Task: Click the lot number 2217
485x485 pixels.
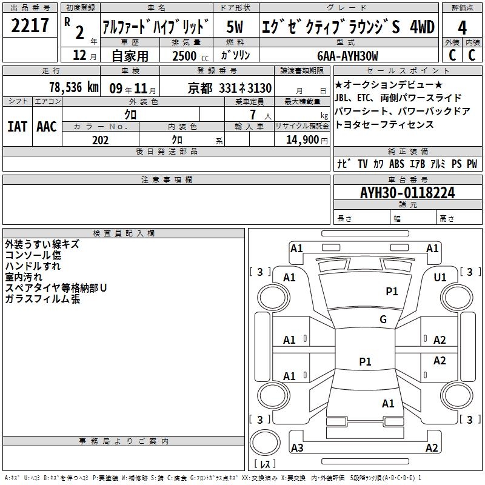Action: pyautogui.click(x=30, y=25)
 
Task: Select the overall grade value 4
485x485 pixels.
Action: pyautogui.click(x=462, y=28)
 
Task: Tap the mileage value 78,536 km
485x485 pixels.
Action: pyautogui.click(x=74, y=87)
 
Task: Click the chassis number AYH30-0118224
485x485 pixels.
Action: pyautogui.click(x=407, y=193)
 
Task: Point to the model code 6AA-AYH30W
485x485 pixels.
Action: pyautogui.click(x=347, y=56)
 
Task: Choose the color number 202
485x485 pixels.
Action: pyautogui.click(x=100, y=140)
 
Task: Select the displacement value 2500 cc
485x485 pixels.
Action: pyautogui.click(x=190, y=56)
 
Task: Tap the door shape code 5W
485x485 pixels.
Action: pyautogui.click(x=235, y=27)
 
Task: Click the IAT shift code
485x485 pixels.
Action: pyautogui.click(x=17, y=127)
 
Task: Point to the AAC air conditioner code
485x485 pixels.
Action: pyautogui.click(x=47, y=127)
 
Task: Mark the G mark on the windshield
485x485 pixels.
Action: pyautogui.click(x=383, y=319)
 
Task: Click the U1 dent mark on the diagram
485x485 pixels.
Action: pyautogui.click(x=440, y=278)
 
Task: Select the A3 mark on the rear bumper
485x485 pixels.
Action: pyautogui.click(x=297, y=447)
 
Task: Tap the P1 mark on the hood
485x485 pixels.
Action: pyautogui.click(x=392, y=291)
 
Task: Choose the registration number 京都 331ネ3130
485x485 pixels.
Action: pyautogui.click(x=230, y=89)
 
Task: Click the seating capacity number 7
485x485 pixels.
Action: pyautogui.click(x=253, y=115)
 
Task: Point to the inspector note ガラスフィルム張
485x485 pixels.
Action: pyautogui.click(x=42, y=299)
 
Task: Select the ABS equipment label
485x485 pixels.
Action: pyautogui.click(x=397, y=164)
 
